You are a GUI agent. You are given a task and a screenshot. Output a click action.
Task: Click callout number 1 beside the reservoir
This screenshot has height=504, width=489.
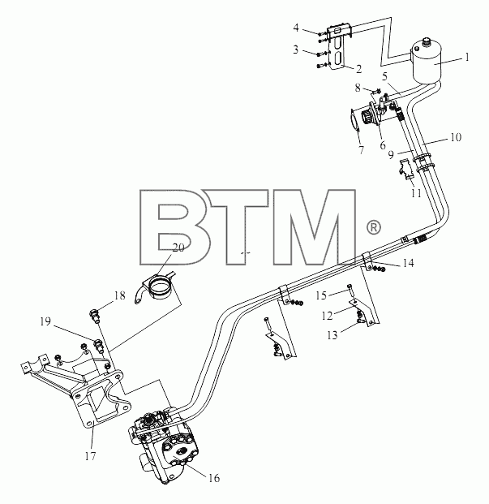[467, 57]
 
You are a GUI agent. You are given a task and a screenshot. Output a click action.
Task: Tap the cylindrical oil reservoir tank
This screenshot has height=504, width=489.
[427, 61]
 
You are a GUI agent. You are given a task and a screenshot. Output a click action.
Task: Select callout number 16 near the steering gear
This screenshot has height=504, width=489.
[214, 478]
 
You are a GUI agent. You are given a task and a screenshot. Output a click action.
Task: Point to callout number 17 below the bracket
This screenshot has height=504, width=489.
[90, 456]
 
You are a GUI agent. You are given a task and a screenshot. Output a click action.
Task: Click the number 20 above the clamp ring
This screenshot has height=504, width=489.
[178, 248]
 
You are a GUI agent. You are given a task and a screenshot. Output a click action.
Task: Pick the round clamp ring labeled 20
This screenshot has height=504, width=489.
[160, 287]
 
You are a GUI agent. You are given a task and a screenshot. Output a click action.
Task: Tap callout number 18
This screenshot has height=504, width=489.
[120, 295]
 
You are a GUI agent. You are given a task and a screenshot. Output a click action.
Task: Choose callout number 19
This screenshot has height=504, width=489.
[45, 321]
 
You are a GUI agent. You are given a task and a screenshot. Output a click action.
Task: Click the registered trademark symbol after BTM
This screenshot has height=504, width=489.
[373, 227]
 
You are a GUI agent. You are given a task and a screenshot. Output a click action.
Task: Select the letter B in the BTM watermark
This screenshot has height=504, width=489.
[175, 227]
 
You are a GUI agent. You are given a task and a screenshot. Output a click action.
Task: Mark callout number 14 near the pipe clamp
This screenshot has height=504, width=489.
[408, 263]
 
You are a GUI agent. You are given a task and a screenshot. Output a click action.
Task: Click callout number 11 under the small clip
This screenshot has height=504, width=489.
[416, 193]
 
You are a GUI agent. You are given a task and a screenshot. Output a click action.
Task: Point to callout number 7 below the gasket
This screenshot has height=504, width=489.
[362, 150]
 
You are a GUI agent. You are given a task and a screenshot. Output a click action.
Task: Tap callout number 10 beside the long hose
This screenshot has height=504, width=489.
[456, 137]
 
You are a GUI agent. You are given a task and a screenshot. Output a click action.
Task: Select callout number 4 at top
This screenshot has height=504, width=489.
[296, 28]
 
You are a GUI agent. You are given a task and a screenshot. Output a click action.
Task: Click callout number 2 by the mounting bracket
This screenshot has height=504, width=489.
[358, 69]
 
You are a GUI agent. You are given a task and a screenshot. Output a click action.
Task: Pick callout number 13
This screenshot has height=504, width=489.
[332, 335]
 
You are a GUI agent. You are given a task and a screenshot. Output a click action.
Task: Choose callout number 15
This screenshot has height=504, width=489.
[321, 295]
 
